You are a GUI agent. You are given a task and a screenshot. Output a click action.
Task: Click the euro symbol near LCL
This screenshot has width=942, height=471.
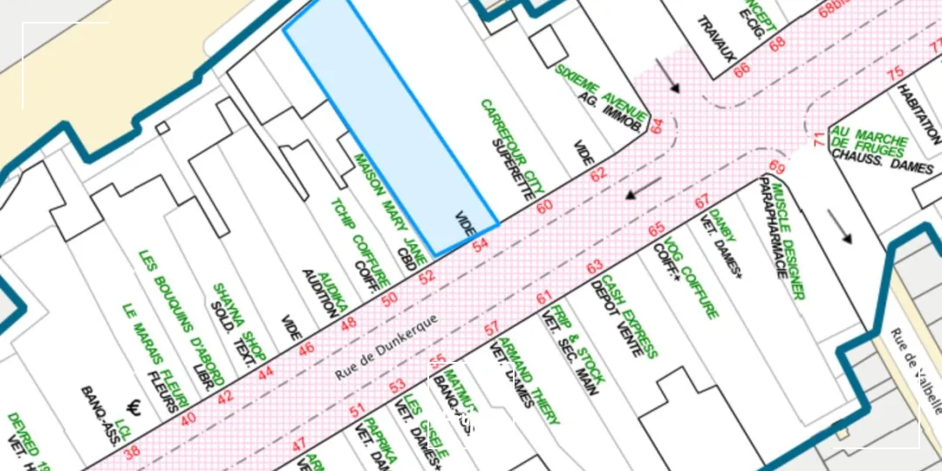[x=134, y=407]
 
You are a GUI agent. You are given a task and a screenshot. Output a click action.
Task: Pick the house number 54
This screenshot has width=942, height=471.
[x=480, y=246]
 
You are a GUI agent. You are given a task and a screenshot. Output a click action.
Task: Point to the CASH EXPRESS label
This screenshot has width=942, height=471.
[x=628, y=316]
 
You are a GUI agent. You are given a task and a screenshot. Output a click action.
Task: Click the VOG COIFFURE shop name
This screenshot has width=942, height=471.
[x=690, y=277]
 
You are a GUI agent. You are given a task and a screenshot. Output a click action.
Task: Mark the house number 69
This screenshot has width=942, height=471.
[x=777, y=167]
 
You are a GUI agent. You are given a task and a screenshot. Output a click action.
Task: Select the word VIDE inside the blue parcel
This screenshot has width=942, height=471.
[x=465, y=224]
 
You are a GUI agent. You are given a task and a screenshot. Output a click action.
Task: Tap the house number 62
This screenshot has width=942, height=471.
[x=597, y=174]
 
